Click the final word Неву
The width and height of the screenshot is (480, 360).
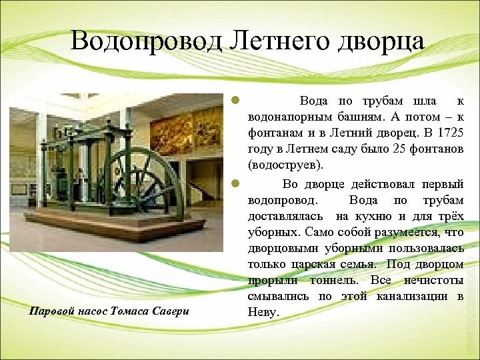[x=260, y=312]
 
